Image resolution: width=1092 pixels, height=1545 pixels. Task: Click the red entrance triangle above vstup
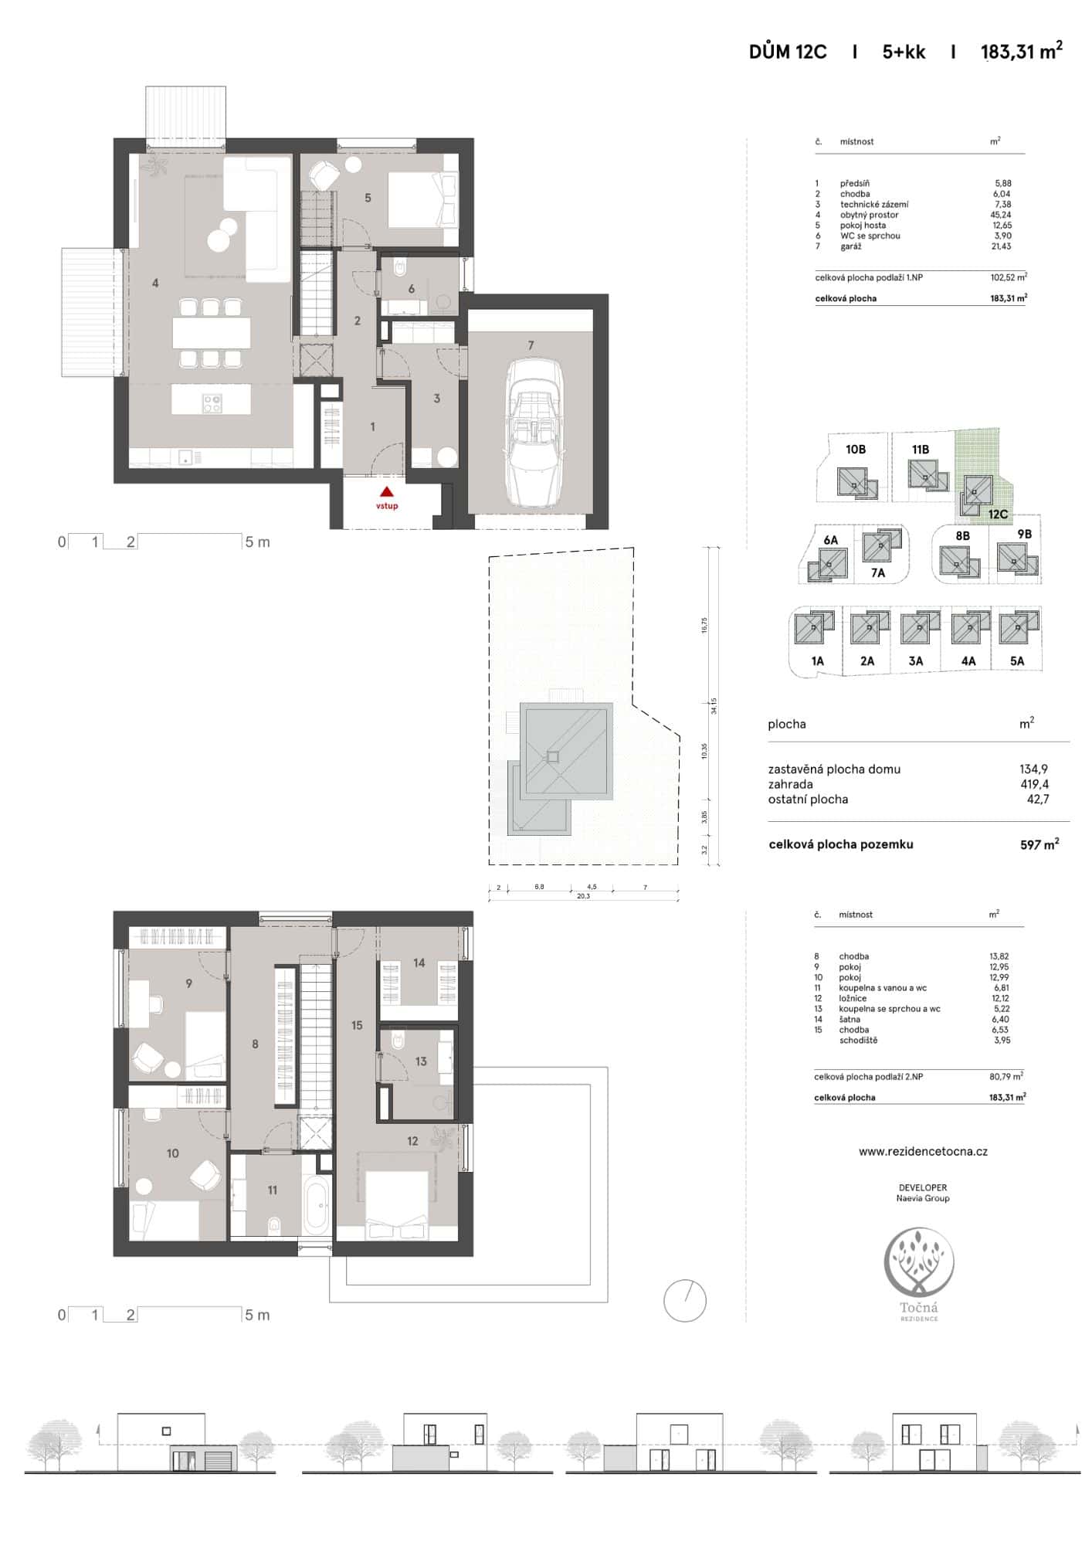coord(387,491)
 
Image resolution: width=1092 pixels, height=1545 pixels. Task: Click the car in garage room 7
coord(531,433)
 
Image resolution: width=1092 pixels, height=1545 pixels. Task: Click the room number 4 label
coord(155,284)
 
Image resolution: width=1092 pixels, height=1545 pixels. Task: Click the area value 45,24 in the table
coord(1001,215)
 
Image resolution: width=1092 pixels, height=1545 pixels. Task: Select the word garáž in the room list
coord(850,246)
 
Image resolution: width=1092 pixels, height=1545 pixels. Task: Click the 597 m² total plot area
coord(1039,844)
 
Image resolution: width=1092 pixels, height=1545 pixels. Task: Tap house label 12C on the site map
coord(998,514)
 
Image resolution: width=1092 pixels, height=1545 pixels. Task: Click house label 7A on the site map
coord(878,572)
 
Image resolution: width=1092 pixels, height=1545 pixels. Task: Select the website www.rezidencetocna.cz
coord(923,1151)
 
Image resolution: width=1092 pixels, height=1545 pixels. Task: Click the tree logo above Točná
coord(919,1261)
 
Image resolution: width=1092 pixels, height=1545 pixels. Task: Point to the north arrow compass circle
coord(685,1301)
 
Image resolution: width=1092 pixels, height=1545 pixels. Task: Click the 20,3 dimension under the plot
coord(583,896)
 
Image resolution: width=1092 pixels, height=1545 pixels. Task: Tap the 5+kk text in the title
coord(904,52)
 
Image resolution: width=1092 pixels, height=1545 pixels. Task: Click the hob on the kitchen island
coord(212,402)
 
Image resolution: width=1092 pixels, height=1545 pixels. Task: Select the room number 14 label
coord(419,963)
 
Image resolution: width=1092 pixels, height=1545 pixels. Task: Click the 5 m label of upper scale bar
coord(257,542)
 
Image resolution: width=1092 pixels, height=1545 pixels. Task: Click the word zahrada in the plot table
coord(790,784)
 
